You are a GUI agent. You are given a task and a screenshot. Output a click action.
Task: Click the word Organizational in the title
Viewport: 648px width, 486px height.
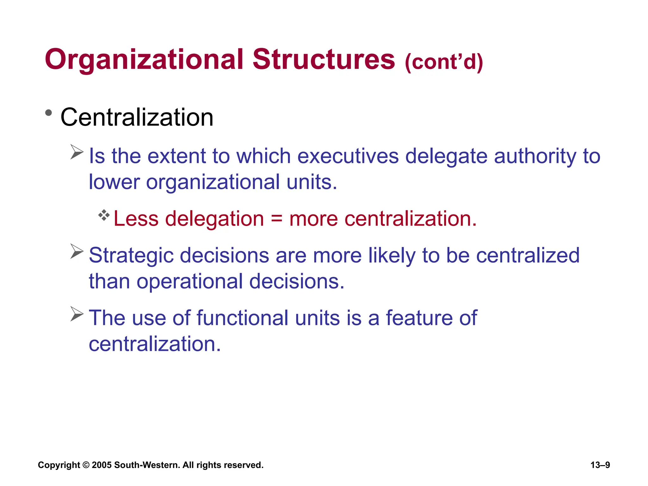coord(144,59)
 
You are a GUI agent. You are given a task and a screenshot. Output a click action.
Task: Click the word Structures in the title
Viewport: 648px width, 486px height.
coord(324,59)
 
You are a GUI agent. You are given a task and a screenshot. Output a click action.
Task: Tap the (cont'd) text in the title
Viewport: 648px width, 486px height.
coord(444,62)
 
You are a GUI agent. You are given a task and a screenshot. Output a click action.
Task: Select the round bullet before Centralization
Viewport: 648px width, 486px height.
coord(48,113)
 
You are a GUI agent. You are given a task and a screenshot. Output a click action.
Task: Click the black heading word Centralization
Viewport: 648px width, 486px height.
coord(137,117)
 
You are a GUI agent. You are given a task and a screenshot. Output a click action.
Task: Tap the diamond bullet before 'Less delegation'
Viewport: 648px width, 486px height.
coord(104,215)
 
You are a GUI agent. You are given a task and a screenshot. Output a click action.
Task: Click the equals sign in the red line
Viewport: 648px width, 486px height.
coord(277,219)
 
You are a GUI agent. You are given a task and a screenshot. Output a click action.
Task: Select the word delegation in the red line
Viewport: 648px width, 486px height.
coord(215,219)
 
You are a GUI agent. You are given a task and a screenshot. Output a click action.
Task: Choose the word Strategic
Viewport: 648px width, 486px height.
coord(131,255)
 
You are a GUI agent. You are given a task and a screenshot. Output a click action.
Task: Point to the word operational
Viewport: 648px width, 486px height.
coord(190,281)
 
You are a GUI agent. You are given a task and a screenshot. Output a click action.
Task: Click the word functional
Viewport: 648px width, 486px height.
coord(242,318)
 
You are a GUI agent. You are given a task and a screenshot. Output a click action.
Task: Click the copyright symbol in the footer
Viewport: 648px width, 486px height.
coord(86,465)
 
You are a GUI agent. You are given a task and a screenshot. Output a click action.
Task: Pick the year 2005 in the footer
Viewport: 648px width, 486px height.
coord(102,465)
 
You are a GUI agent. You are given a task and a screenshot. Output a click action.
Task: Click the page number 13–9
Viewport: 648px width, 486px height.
coord(600,465)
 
